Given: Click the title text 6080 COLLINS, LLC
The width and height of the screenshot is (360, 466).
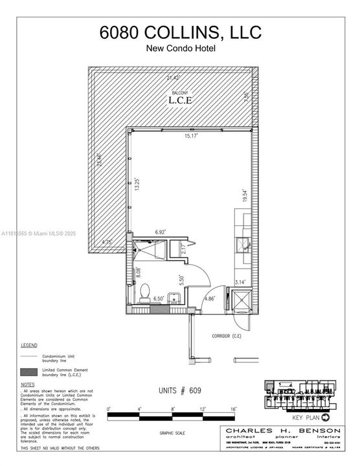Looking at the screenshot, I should [179, 34].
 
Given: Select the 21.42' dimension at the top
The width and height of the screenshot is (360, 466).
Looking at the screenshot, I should [171, 77].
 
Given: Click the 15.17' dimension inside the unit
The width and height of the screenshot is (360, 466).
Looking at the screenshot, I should [190, 136].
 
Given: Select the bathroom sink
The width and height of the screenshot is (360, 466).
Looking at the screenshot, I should [174, 298].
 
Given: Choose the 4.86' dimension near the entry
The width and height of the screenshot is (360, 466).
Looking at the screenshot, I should [209, 299].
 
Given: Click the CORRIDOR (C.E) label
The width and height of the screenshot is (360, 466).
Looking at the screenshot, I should [229, 337].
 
